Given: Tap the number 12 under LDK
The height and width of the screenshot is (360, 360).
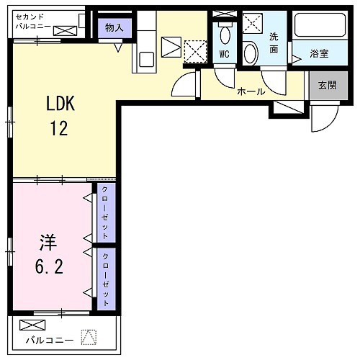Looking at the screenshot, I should coord(59,129).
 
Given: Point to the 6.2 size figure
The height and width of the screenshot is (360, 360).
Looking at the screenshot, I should coord(49,267).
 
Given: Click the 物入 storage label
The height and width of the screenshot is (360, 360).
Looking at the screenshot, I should coord(114,28).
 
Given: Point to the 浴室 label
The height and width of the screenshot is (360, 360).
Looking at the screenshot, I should coord(319,53).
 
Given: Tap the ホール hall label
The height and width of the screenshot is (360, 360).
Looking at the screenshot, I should coord(251,91).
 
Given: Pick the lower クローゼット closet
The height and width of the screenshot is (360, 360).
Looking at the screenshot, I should coord(105,279).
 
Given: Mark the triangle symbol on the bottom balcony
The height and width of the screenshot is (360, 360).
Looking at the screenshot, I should coord(89,336).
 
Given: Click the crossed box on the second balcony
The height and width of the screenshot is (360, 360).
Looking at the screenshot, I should coord(65,30).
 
